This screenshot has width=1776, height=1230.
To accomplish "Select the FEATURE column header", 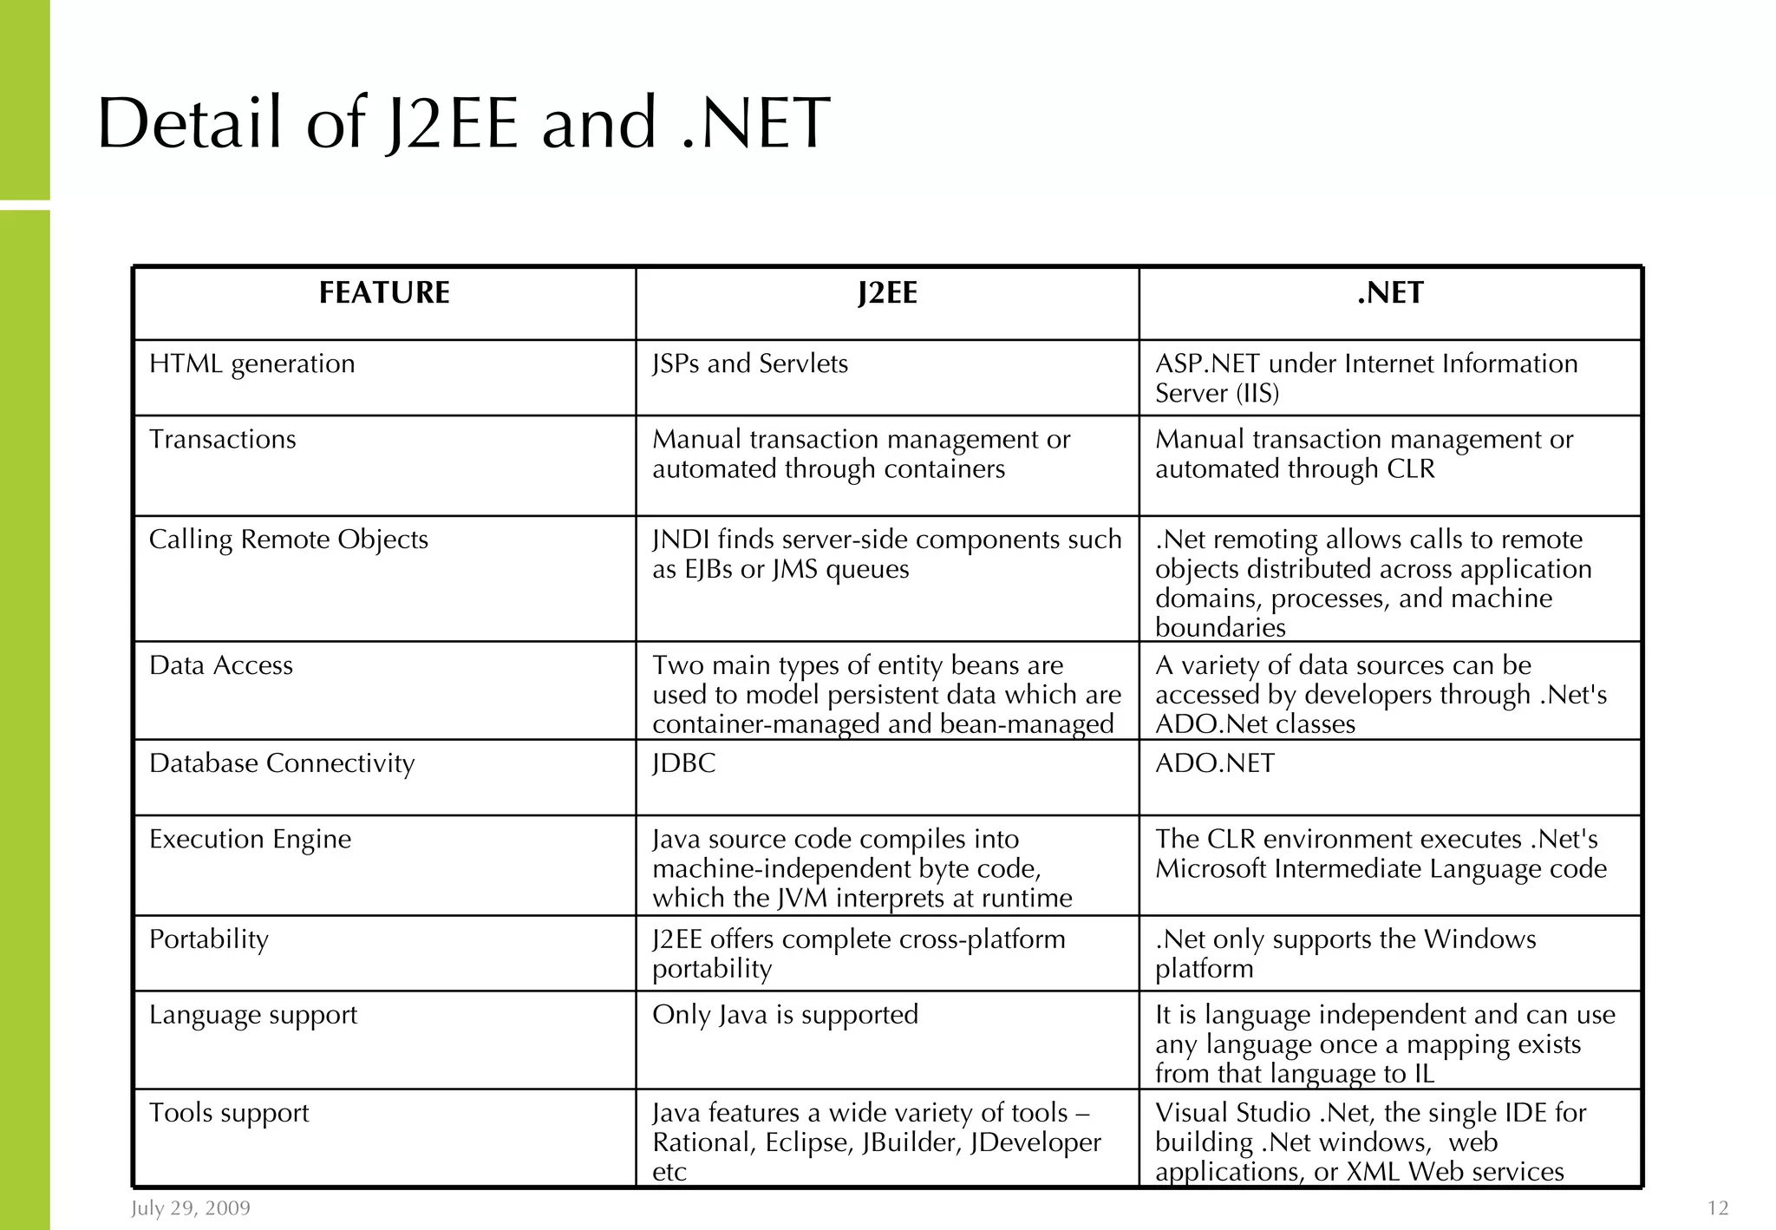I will click(384, 293).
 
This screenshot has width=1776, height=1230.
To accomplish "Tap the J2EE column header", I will click(887, 293).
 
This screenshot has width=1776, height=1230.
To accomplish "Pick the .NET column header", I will click(1390, 293).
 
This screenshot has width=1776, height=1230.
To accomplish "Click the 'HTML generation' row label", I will click(251, 363).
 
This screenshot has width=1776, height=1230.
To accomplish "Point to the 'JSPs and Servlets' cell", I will click(750, 363).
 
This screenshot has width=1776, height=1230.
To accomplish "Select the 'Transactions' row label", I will click(222, 439).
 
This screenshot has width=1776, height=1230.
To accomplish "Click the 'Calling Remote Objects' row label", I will click(288, 540).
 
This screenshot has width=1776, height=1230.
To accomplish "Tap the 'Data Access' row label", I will click(220, 665).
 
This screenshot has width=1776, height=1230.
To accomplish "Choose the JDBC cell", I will click(684, 763).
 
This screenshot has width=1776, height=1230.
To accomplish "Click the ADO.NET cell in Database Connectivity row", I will click(1215, 763).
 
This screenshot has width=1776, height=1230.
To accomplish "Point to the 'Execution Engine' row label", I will click(250, 839).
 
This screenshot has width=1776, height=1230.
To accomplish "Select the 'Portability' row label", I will click(208, 939).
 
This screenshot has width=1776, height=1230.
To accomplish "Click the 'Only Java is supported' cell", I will click(785, 1015).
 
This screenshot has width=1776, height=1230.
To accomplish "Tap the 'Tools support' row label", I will click(228, 1113).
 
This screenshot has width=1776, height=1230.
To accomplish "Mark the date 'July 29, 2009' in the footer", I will click(191, 1208).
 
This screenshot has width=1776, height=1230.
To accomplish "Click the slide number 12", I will click(1718, 1208).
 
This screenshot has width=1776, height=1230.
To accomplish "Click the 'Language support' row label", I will click(252, 1015).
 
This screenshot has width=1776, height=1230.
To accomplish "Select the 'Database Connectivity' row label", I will click(282, 763).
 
